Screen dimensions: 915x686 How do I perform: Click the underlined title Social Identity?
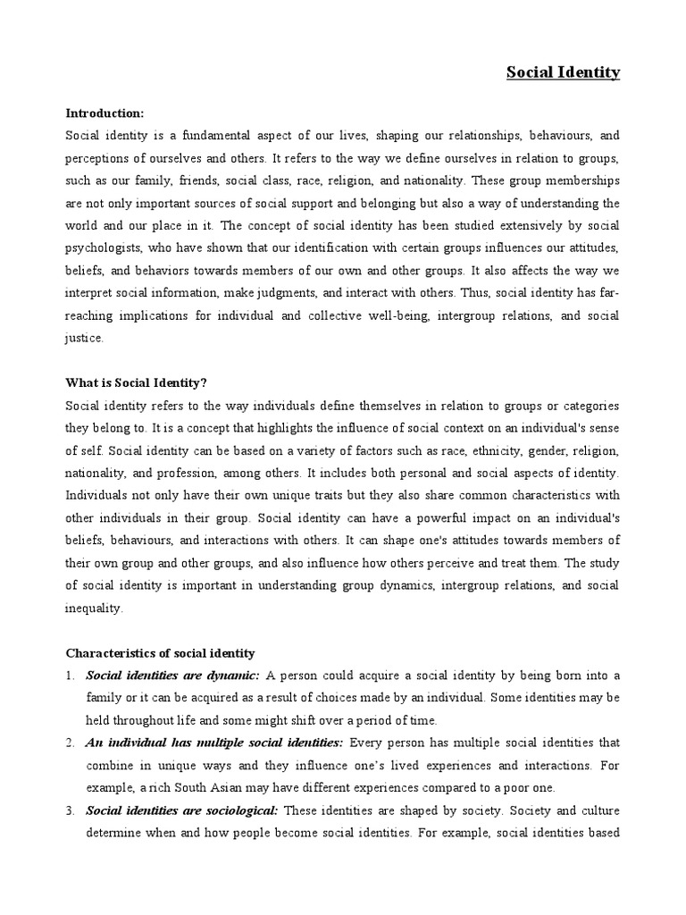pyautogui.click(x=563, y=72)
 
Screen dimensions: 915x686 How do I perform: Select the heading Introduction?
pyautogui.click(x=105, y=113)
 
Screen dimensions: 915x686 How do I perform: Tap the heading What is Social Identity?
pyautogui.click(x=136, y=382)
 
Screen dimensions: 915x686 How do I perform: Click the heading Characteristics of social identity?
pyautogui.click(x=160, y=653)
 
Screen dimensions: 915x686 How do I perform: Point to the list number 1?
pyautogui.click(x=70, y=676)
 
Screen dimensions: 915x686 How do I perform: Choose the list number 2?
pyautogui.click(x=70, y=743)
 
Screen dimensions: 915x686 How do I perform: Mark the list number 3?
pyautogui.click(x=70, y=810)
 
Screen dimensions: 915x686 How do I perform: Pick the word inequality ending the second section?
pyautogui.click(x=96, y=608)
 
